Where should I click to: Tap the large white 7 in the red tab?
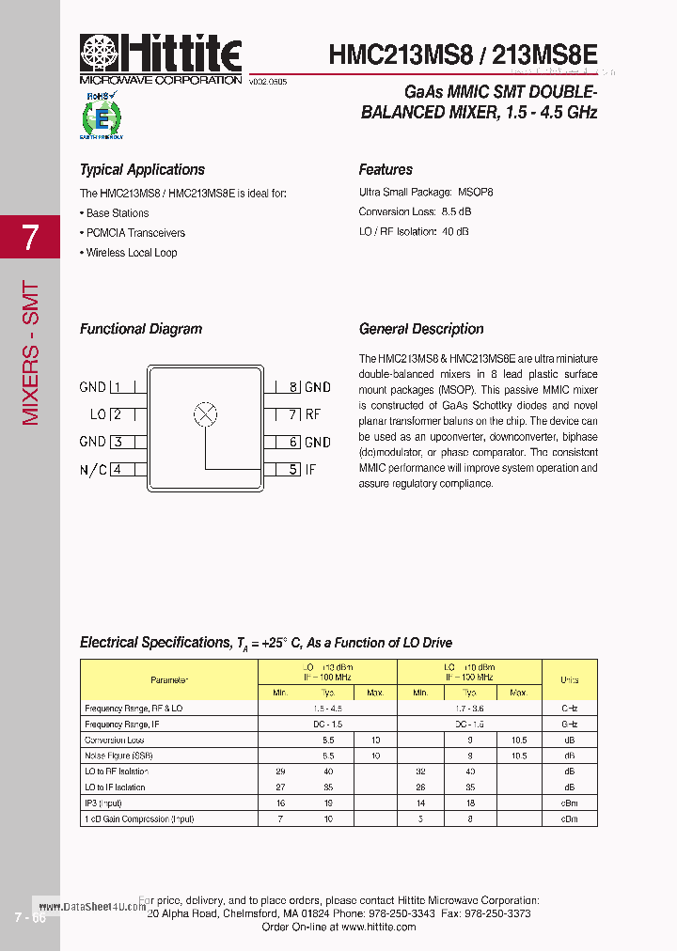[30, 238]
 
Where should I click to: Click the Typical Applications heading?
[142, 170]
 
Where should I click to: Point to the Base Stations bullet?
[115, 213]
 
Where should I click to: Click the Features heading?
[386, 170]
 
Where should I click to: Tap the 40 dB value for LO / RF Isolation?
[455, 231]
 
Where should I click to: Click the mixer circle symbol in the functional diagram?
[205, 413]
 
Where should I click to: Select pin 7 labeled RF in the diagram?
[304, 414]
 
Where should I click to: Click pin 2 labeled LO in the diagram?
[107, 414]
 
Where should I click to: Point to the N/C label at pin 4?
[93, 469]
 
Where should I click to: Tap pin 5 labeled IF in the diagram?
[302, 469]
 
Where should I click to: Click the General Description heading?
[421, 329]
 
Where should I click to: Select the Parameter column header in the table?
[169, 679]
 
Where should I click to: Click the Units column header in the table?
[569, 679]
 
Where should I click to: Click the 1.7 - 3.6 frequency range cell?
[468, 708]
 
